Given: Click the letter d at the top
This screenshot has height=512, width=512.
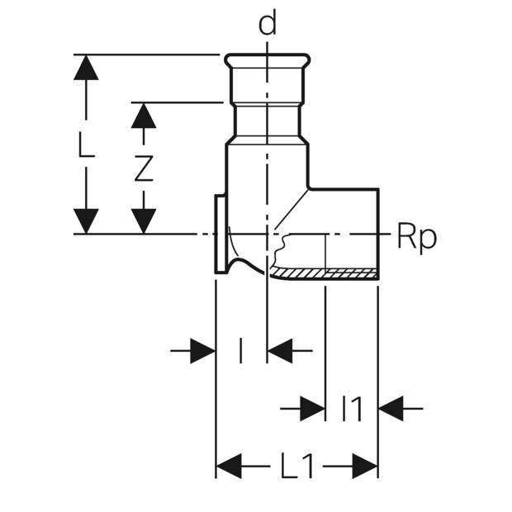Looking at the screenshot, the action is click(x=267, y=21).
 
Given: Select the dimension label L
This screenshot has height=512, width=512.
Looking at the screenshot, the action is click(x=86, y=145).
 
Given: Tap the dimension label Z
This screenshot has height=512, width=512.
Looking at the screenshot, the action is click(x=144, y=168).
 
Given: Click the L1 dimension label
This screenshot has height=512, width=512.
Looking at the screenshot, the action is click(x=297, y=466).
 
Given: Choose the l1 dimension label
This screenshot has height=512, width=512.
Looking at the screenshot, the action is click(x=351, y=408).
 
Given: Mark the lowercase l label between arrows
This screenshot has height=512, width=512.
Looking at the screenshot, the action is click(x=240, y=351).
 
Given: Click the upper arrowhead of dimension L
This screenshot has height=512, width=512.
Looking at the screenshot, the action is click(x=86, y=67).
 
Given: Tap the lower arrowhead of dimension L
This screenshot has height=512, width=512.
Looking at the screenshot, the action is click(x=86, y=221).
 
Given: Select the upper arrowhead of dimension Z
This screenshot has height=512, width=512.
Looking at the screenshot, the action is click(x=144, y=116).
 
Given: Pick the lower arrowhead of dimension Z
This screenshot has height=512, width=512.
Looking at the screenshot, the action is click(x=144, y=221).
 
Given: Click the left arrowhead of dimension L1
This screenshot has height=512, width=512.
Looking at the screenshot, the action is click(x=229, y=466).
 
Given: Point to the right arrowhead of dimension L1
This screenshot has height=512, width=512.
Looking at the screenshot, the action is click(x=365, y=466).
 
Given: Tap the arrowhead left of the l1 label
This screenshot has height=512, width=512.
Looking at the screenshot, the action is click(x=313, y=408).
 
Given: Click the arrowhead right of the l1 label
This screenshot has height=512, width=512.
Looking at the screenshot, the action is click(x=391, y=408).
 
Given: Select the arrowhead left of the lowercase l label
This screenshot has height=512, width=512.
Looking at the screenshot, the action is click(x=203, y=351).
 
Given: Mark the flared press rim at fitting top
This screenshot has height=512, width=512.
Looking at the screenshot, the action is click(x=267, y=59).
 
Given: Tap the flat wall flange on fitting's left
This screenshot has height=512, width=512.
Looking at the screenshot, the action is click(x=220, y=234).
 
